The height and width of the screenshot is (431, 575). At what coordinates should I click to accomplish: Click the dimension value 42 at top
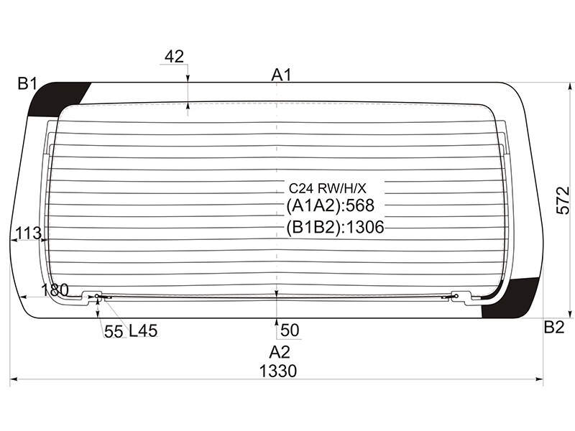pyautogui.click(x=174, y=57)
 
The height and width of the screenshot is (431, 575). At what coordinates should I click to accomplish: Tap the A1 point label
pyautogui.click(x=281, y=75)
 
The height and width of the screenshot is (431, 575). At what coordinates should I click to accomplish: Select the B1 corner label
pyautogui.click(x=27, y=83)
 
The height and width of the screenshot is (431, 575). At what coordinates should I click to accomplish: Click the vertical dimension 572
pyautogui.click(x=563, y=200)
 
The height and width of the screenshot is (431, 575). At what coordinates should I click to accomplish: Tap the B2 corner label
pyautogui.click(x=553, y=327)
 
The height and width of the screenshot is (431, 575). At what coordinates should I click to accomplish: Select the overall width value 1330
pyautogui.click(x=278, y=371)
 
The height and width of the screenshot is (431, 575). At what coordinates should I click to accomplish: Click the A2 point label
pyautogui.click(x=280, y=352)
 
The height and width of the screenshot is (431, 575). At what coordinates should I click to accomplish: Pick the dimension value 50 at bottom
pyautogui.click(x=290, y=330)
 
